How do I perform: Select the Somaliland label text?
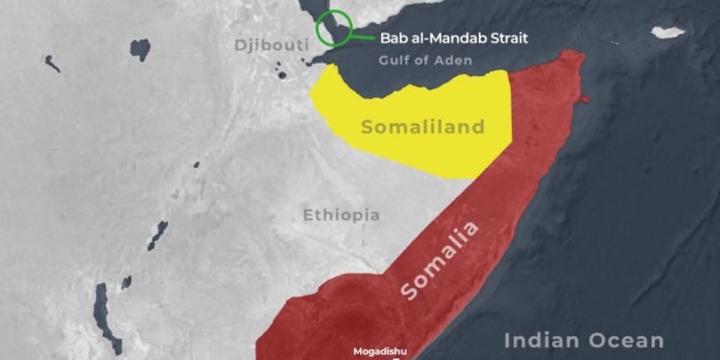click(x=422, y=127)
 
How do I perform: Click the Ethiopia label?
click(x=341, y=214)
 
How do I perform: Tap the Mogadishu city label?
click(x=379, y=351)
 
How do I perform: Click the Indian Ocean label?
click(x=585, y=340)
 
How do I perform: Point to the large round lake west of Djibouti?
click(x=141, y=47)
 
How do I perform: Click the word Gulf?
click(x=396, y=62)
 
